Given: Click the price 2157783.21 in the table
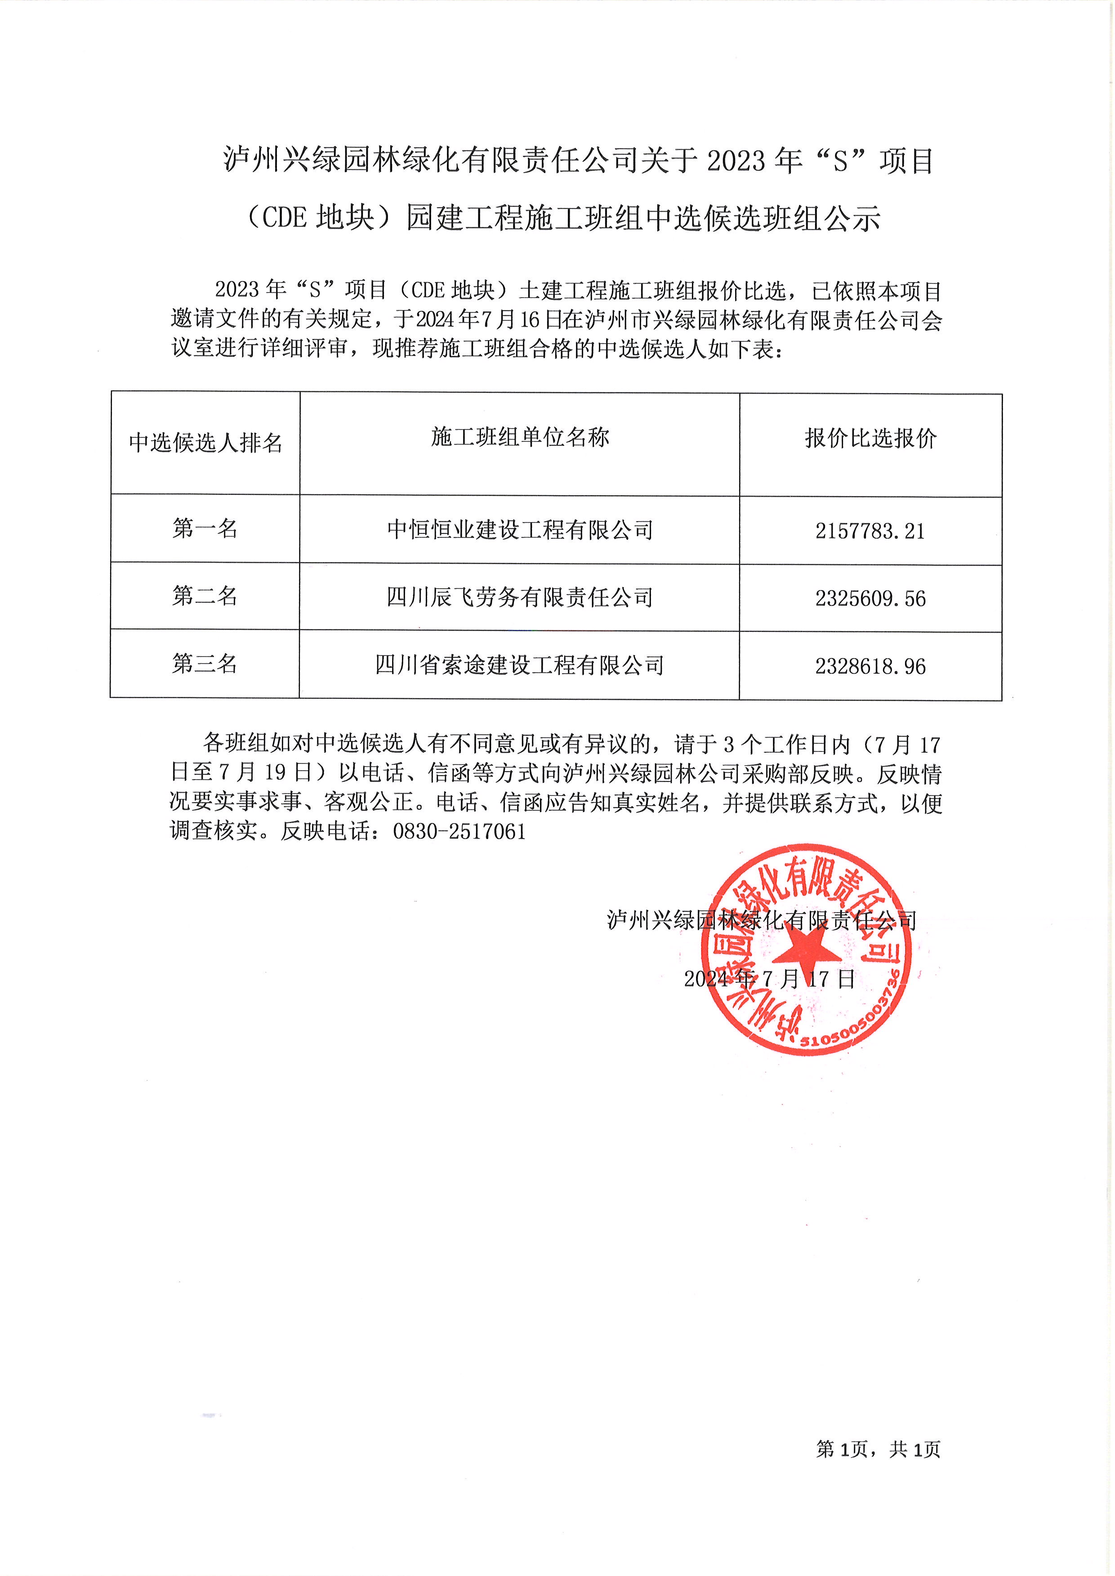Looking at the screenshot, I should coord(870,531).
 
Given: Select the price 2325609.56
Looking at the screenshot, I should coord(870,599).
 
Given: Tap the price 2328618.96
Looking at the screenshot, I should coord(870,666).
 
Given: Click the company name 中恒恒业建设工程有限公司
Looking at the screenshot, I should coord(520,530).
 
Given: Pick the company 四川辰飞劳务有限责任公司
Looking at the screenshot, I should coord(520,597).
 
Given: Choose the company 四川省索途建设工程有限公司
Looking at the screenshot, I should coord(520,665).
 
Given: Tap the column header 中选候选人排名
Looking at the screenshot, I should coord(205,443).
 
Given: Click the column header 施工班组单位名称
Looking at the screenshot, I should coord(520,437).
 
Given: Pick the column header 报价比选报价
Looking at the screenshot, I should coord(870,439).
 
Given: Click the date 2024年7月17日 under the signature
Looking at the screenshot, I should coord(769,979).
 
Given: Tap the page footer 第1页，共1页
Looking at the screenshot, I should coord(878,1449).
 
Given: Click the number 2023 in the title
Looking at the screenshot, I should coord(736,161).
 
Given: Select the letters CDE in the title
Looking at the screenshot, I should coord(284,218).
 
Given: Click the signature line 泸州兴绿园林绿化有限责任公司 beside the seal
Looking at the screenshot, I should coord(762,920).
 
